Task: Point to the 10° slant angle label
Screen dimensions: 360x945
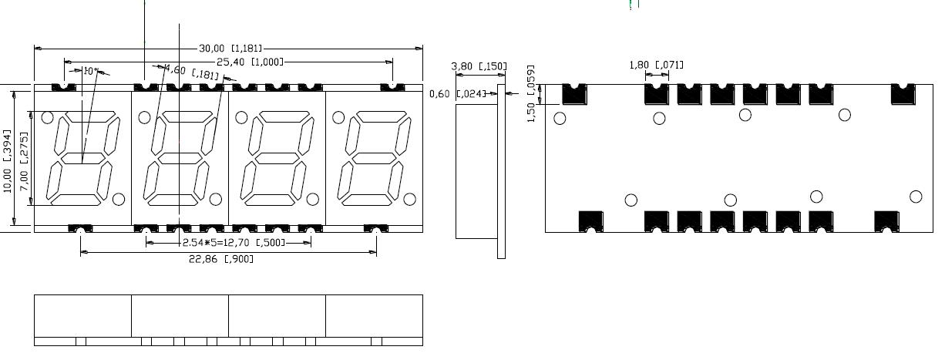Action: pos(90,71)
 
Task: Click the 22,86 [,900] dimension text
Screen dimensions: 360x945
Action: pos(227,259)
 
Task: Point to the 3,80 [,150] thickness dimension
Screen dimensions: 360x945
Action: pos(478,66)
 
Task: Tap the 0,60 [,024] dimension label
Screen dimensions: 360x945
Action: pos(458,94)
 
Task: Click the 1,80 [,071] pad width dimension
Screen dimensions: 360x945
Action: pos(656,65)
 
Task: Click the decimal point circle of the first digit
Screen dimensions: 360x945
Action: pos(119,200)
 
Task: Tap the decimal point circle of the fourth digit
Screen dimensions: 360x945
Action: pos(409,200)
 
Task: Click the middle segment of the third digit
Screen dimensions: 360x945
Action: pos(276,158)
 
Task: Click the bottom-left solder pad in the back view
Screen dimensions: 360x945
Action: pos(590,221)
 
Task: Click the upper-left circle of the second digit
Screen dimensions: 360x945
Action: pos(143,117)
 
